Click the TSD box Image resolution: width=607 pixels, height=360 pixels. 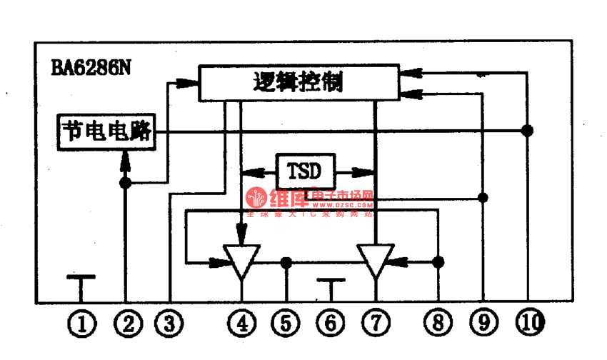tap(305, 171)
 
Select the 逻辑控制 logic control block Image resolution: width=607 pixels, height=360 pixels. tap(299, 83)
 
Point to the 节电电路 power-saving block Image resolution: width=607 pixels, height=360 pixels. tap(107, 131)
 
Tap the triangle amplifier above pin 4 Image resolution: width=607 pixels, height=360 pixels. tap(242, 261)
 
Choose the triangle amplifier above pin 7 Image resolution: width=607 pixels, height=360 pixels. tap(376, 261)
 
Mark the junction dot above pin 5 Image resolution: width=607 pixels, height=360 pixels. tap(286, 262)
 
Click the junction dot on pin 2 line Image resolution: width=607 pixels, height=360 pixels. tap(126, 184)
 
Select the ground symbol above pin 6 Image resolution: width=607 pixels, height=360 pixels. tap(331, 281)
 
